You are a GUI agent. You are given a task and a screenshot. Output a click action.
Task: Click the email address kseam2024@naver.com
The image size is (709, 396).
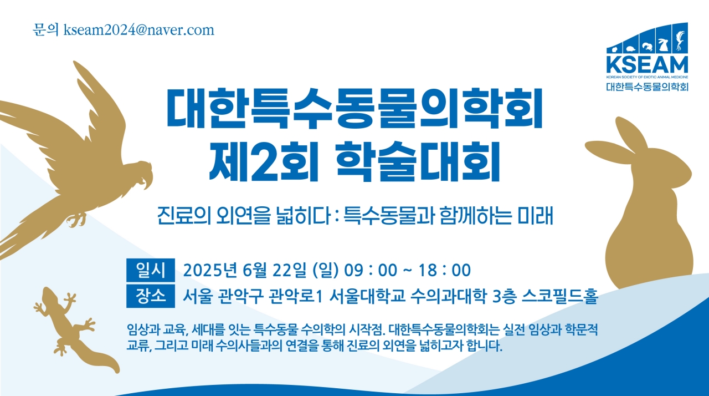138,30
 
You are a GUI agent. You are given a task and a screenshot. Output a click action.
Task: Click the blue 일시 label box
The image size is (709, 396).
150,270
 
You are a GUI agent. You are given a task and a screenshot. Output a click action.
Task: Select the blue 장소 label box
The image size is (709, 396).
150,295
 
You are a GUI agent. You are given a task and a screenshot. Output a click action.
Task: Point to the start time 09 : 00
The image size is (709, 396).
371,270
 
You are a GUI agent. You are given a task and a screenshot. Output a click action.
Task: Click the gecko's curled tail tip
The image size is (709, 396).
113,367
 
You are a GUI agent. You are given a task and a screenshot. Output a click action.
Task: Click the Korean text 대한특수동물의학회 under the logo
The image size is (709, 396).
647,87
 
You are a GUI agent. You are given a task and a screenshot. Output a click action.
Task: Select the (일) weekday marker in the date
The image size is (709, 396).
325,270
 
